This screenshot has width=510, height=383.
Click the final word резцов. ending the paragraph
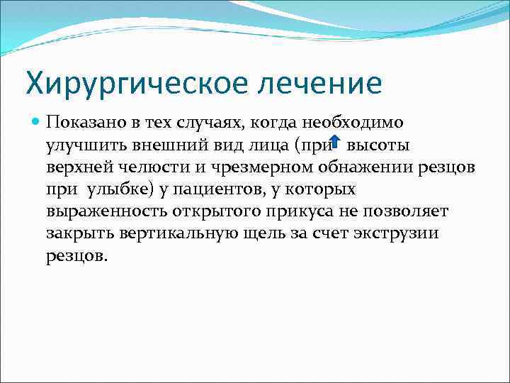74,257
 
